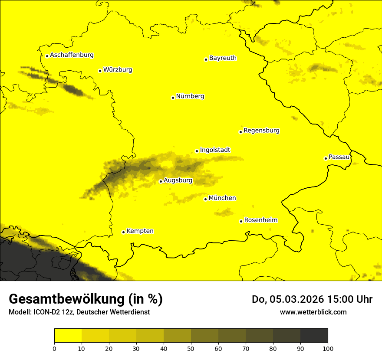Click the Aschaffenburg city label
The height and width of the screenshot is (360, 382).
pos(72,55)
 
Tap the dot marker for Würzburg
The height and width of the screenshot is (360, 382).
pos(100,71)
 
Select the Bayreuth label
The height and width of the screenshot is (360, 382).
pos(223,58)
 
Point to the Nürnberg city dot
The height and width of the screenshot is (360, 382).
pos(173,98)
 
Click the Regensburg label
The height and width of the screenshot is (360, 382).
pos(261,131)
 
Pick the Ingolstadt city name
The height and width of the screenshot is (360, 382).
pos(215,150)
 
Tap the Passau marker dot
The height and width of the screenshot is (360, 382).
pos(326,158)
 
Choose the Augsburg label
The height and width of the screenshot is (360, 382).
pos(178,180)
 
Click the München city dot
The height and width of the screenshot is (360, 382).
pos(205,199)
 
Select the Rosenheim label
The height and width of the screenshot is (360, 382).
pos(260,220)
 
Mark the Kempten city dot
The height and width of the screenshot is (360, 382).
pos(123,232)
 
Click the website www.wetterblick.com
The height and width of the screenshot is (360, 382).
pos(313,312)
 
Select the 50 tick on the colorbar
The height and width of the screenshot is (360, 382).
pos(191,348)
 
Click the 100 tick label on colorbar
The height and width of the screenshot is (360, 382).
pos(328,348)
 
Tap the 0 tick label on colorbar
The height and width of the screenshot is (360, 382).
pos(54,348)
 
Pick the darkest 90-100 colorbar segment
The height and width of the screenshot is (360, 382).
pos(314,336)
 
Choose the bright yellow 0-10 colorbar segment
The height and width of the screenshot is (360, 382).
pos(68,336)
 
